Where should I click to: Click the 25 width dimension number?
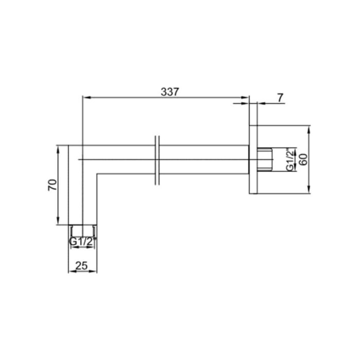tap(82, 266)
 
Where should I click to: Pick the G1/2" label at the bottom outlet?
tap(82, 241)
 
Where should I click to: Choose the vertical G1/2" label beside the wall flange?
tap(291, 160)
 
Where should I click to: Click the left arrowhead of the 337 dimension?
tap(86, 97)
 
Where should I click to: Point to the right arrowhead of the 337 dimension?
tap(246, 97)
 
